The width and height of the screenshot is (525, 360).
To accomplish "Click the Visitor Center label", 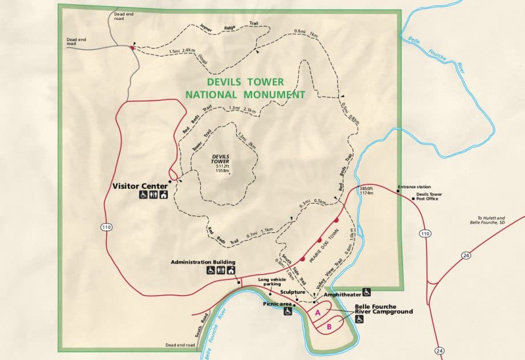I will tap(140, 186).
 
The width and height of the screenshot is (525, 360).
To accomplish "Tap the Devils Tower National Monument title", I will tap(245, 88).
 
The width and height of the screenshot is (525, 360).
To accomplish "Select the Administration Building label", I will tap(204, 262).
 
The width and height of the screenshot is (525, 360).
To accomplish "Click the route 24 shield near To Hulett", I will tap(466, 255).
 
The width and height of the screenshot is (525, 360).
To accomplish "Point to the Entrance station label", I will tap(414, 187).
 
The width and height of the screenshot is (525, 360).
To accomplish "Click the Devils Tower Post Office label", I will tap(429, 196).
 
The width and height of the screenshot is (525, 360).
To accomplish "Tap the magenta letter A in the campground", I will tap(317, 313).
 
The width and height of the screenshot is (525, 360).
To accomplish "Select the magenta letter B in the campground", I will tap(329, 327).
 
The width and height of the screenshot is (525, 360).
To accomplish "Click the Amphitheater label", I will tap(342, 294).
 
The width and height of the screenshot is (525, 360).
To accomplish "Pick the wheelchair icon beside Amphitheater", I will tap(367, 293).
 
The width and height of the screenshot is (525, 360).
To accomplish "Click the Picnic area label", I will tap(277, 304).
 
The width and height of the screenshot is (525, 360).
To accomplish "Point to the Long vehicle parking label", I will tap(272, 281).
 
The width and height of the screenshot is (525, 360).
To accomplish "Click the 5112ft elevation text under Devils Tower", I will tap(222, 165).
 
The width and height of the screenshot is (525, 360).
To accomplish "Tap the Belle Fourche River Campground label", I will tap(383, 309).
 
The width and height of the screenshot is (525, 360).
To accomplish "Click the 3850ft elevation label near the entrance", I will tap(367, 190).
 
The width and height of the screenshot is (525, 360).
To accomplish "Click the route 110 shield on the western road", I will tap(106, 227).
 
